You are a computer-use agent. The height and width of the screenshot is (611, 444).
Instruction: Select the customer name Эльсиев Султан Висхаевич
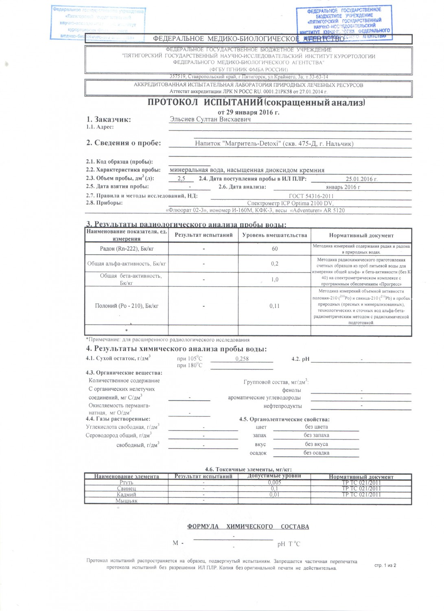210,119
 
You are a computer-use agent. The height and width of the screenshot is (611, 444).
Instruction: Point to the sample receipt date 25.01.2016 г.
361,179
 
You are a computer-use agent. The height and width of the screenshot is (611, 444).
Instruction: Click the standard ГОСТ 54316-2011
311,196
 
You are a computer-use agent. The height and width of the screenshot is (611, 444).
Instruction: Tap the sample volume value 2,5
182,179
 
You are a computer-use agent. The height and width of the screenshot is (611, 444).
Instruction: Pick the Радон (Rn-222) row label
127,248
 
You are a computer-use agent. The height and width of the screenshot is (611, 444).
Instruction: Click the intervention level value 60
275,248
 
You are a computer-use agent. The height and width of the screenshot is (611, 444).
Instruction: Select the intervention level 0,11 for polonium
275,306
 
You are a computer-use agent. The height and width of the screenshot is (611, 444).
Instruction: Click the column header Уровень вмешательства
275,235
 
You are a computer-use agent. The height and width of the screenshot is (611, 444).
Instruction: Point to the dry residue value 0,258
242,359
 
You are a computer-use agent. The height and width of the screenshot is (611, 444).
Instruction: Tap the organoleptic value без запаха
316,435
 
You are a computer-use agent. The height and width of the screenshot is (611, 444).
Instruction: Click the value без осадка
316,453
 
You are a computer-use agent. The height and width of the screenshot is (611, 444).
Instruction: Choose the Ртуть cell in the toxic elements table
127,483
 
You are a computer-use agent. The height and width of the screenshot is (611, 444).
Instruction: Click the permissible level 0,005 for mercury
275,483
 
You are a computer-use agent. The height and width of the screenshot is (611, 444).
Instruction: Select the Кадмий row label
127,495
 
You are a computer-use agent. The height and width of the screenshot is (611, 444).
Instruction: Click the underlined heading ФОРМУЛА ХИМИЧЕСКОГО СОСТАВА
248,527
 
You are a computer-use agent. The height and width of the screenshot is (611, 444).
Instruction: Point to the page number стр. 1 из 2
385,565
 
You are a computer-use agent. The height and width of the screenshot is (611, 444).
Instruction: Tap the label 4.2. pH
300,359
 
